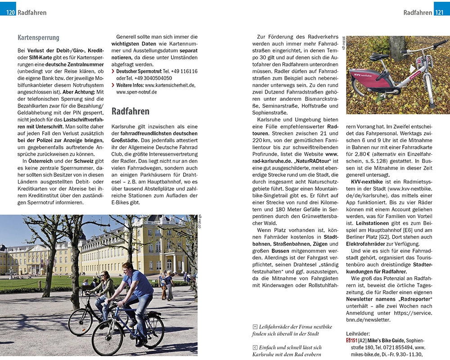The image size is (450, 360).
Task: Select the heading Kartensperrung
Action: pos(38,38)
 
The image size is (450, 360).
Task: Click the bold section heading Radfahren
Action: pos(130,111)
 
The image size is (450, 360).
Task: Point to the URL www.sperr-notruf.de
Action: pos(136,92)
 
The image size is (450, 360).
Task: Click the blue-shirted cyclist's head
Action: pos(128,267)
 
